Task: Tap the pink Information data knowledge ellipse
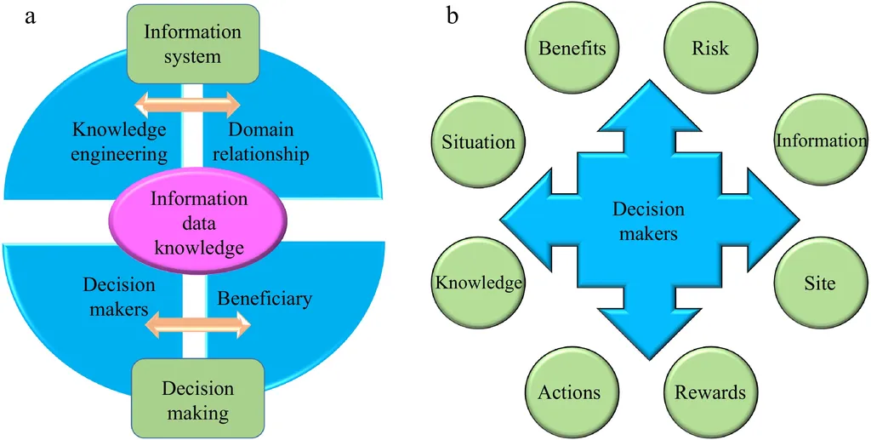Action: coord(198,223)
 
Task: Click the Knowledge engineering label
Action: coord(119,142)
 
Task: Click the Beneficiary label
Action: coord(265,299)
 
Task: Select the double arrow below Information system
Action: coord(188,106)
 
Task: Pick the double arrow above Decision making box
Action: coord(198,324)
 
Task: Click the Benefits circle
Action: coord(572,48)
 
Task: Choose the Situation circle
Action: coord(478,141)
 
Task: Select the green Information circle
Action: coord(820,141)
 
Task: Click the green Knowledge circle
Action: coord(478,283)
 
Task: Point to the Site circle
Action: coord(820,283)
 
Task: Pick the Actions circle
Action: coord(569,391)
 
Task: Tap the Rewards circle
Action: coord(710,391)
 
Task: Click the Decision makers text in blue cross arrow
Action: coord(649,220)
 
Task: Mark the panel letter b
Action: coord(453,14)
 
